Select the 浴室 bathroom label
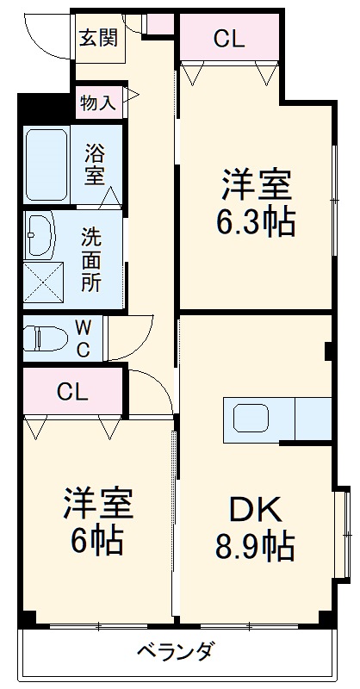(95, 164)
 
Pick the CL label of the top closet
(229, 38)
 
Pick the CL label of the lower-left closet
(72, 391)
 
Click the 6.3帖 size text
(256, 223)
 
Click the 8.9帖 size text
(256, 544)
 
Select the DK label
(256, 510)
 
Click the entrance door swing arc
(43, 34)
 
